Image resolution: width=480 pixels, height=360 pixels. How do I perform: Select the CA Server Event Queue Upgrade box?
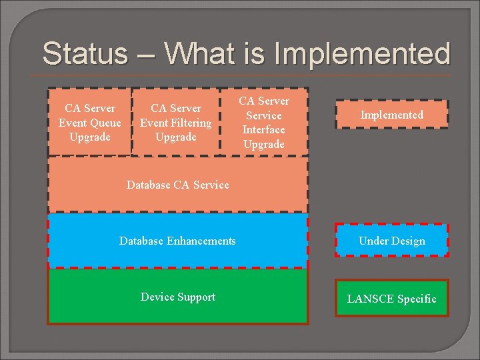point(90,122)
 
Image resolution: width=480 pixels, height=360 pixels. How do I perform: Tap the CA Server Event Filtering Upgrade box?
point(175,122)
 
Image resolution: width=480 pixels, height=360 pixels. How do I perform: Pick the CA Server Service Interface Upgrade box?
point(264,122)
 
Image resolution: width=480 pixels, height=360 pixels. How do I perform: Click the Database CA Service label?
point(177,185)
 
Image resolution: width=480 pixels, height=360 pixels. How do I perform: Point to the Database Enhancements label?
point(177,241)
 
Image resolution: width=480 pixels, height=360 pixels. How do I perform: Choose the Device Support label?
point(177,297)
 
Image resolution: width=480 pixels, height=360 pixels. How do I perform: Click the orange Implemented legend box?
point(391,115)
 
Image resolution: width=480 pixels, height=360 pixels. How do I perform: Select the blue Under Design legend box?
point(391,241)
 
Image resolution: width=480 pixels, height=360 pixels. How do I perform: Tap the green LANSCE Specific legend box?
point(391,299)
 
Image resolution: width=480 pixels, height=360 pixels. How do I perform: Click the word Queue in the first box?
point(106,123)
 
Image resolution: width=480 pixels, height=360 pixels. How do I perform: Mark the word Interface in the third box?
point(264,129)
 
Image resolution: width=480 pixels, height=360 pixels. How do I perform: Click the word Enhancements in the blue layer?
point(203,241)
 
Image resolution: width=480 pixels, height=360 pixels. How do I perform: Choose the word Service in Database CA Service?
point(210,185)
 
